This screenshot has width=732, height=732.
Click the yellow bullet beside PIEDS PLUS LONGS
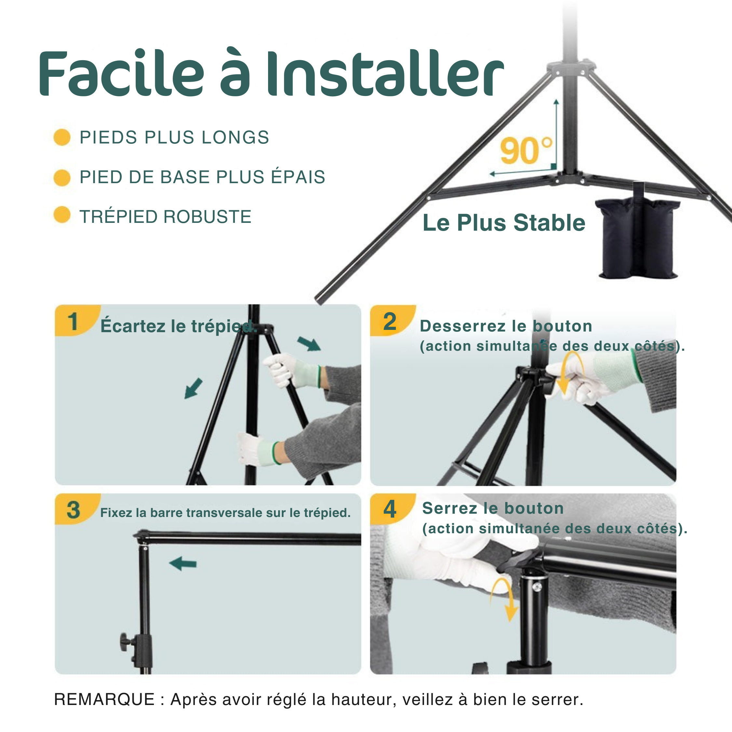(x=62, y=137)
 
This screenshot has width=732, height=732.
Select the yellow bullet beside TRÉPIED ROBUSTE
(x=62, y=215)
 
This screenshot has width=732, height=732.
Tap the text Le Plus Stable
(x=504, y=223)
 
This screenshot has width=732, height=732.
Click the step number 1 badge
(x=73, y=322)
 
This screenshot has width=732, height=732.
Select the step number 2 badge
(x=389, y=322)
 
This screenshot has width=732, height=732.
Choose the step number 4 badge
(x=389, y=509)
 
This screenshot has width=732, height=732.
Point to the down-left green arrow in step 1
(x=193, y=388)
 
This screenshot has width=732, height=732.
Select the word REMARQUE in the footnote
(x=104, y=699)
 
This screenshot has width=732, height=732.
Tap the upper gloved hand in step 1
(x=282, y=369)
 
